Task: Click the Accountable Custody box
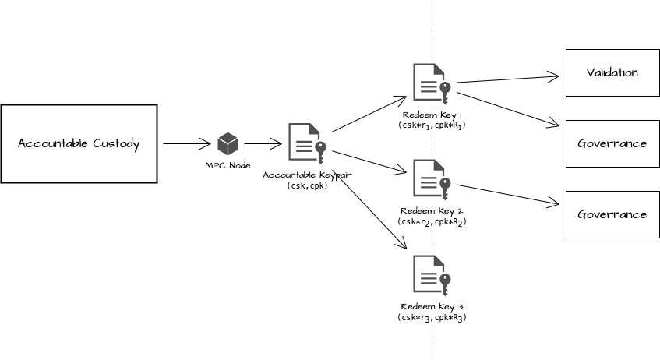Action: [x=79, y=143]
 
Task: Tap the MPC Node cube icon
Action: [x=228, y=143]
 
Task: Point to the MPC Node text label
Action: [x=228, y=165]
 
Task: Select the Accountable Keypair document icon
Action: [x=306, y=142]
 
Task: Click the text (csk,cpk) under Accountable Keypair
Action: [x=306, y=185]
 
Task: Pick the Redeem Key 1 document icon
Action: [x=431, y=83]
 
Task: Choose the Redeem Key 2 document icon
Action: [x=431, y=179]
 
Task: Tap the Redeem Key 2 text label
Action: [x=432, y=211]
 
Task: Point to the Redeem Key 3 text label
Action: [x=432, y=307]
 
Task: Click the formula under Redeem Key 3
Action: [x=432, y=317]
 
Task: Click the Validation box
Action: [x=612, y=72]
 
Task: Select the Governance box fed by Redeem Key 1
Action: [x=612, y=143]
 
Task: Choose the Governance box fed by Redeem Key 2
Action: [x=612, y=214]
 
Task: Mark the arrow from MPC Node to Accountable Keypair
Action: [x=262, y=143]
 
